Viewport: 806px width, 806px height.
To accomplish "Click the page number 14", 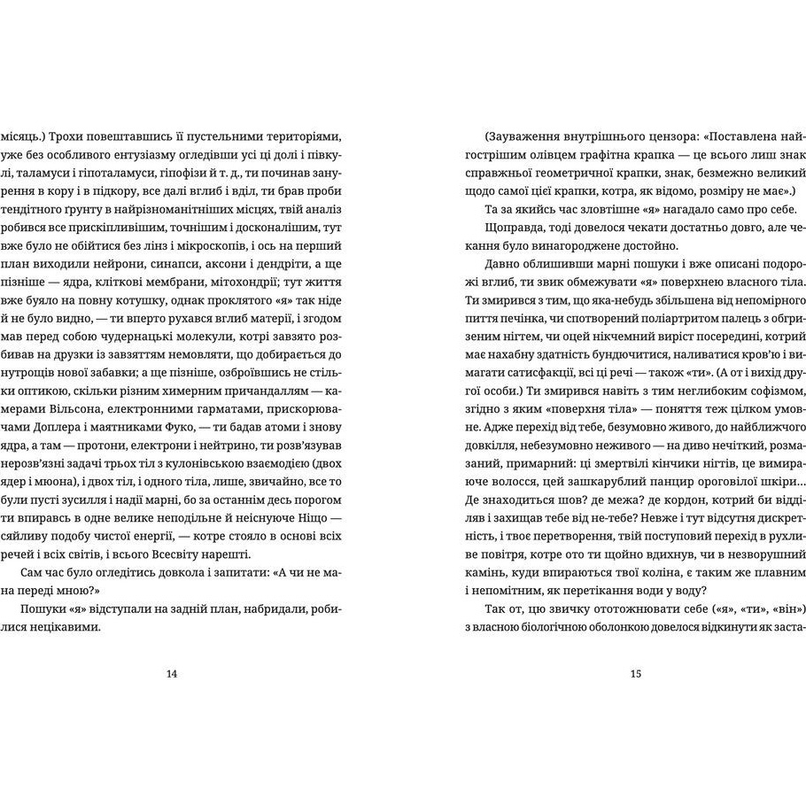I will click(x=172, y=673).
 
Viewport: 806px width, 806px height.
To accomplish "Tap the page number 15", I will click(x=635, y=673).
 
